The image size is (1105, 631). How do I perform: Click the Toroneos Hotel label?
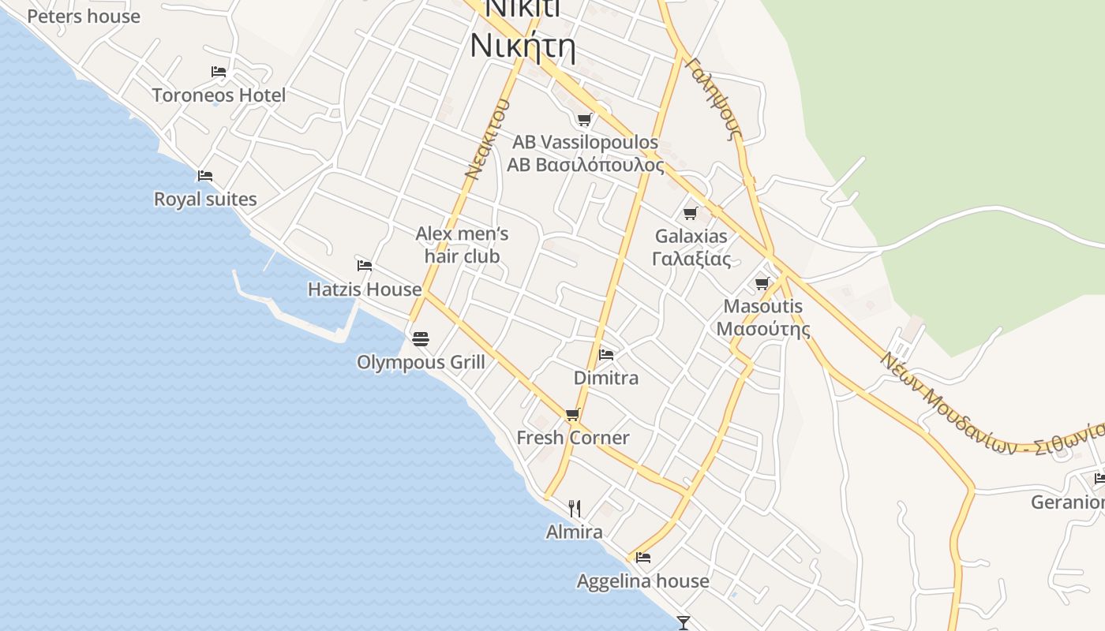(x=219, y=95)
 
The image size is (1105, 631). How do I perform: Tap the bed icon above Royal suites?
(x=205, y=176)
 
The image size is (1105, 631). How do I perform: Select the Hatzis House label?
(x=365, y=289)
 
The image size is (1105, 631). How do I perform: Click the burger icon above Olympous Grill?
(x=421, y=339)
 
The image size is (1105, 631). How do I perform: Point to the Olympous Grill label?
(x=421, y=362)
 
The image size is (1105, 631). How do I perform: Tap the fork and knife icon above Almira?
(x=575, y=509)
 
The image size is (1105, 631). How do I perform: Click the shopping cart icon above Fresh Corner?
(x=573, y=414)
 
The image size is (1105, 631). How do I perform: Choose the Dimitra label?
(x=606, y=378)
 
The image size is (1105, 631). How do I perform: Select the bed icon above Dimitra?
(x=606, y=355)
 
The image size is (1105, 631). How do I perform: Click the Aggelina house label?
(x=642, y=581)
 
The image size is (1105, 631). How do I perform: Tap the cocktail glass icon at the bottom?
(x=684, y=623)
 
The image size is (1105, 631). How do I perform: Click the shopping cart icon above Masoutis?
(x=762, y=283)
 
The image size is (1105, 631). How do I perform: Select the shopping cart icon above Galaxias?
(x=691, y=213)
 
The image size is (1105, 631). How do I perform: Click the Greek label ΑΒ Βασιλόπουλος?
(x=585, y=165)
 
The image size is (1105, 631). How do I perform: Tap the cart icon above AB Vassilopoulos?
(x=584, y=120)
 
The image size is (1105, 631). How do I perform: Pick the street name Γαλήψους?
(x=715, y=98)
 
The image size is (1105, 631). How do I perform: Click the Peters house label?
(x=84, y=16)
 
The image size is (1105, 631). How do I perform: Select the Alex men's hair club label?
(x=462, y=245)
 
